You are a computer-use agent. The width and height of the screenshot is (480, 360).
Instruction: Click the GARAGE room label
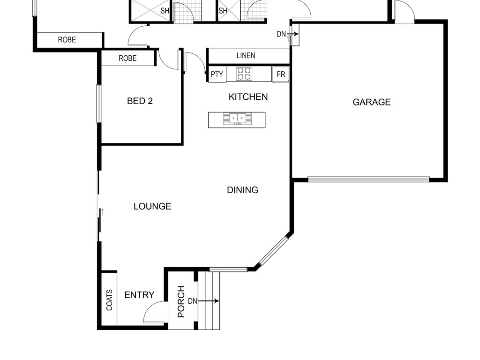[371, 102]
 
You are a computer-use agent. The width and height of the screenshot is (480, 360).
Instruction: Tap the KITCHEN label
[248, 97]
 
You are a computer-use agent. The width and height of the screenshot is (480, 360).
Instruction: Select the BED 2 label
[140, 101]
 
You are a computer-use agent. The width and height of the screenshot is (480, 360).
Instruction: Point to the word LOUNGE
[152, 206]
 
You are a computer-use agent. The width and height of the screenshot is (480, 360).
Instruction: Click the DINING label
[242, 190]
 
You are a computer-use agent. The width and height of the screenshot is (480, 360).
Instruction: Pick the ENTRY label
[139, 295]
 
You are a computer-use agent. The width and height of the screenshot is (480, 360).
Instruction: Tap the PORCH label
[181, 301]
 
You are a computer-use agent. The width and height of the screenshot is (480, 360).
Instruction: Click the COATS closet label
[109, 300]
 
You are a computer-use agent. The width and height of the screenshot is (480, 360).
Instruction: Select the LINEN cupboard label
[246, 56]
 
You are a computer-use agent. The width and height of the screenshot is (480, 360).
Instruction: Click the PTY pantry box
[217, 75]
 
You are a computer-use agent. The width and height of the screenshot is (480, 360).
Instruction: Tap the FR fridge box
[281, 75]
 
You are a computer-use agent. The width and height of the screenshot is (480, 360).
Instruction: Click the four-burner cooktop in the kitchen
[244, 74]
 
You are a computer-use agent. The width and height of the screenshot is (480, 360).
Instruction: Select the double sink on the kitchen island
[238, 119]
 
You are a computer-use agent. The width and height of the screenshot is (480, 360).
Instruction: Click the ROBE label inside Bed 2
[127, 59]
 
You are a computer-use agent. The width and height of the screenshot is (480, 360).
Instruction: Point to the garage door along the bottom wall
[368, 180]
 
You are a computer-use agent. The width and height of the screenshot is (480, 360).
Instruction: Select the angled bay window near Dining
[274, 250]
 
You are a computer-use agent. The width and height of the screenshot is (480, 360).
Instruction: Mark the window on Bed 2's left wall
[99, 104]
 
